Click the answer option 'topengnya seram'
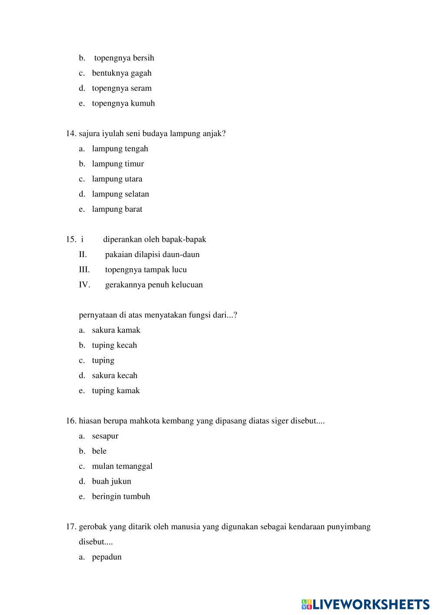point(122,88)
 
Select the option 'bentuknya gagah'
point(122,73)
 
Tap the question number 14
point(71,134)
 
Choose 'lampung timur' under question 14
point(118,164)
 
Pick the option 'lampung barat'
point(117,209)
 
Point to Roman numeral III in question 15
point(84,270)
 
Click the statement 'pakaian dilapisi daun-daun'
point(152,254)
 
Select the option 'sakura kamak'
point(116,330)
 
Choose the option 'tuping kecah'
point(114,345)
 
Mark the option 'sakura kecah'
point(114,375)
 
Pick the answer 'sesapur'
point(105,436)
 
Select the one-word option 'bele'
point(99,451)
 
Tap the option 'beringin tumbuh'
point(121,497)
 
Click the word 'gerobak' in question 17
point(93,527)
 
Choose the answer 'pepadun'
point(107,557)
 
